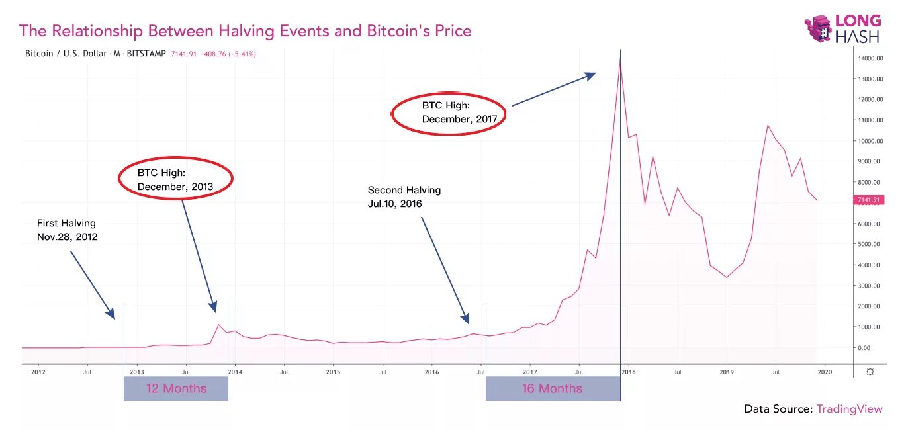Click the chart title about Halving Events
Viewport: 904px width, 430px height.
[245, 31]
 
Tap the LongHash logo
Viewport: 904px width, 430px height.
[844, 29]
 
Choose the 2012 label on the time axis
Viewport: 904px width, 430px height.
[38, 372]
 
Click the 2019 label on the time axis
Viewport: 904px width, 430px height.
[727, 372]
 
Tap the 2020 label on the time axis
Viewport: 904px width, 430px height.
[825, 372]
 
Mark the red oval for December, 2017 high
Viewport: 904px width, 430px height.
[449, 112]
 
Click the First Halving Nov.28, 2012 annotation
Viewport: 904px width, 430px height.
[67, 230]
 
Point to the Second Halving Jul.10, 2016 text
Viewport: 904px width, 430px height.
[404, 196]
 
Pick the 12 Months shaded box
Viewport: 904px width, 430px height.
[176, 388]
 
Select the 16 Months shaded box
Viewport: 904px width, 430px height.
[553, 388]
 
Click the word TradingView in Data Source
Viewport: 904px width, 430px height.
[849, 409]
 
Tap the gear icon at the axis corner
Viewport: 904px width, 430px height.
[870, 372]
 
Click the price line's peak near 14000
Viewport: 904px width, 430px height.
[620, 60]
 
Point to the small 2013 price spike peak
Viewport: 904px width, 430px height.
[218, 324]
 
